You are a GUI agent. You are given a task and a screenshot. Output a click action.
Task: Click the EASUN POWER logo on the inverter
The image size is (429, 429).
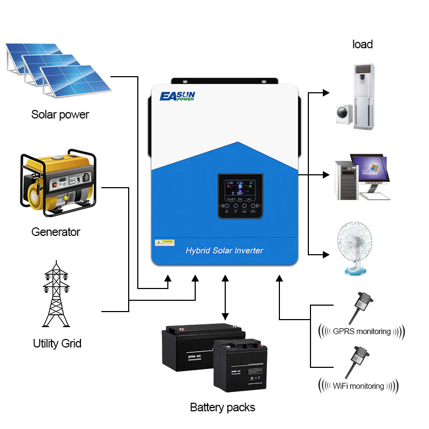click(x=177, y=97)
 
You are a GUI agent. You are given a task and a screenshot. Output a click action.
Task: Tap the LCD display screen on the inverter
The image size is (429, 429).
click(x=240, y=188)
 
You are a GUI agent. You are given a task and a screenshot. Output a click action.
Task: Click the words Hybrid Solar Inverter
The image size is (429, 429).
click(x=224, y=250)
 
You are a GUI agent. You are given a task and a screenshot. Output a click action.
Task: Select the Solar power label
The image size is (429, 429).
click(x=60, y=114)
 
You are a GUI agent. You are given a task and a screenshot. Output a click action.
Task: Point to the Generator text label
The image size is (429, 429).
click(x=56, y=232)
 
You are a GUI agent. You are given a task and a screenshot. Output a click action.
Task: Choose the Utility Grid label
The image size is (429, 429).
click(x=57, y=343)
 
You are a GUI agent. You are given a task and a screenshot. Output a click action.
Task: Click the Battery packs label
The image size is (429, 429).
click(x=223, y=408)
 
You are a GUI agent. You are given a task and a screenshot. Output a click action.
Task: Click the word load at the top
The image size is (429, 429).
click(x=363, y=44)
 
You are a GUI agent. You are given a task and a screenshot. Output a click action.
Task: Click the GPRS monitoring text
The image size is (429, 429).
click(x=361, y=331)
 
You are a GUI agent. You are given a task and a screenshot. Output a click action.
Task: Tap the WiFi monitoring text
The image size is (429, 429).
click(x=358, y=386)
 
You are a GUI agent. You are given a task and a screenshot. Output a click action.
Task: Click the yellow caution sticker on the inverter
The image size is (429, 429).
click(x=165, y=242)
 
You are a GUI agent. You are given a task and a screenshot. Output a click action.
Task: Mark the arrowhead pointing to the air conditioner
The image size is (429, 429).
click(x=326, y=93)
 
